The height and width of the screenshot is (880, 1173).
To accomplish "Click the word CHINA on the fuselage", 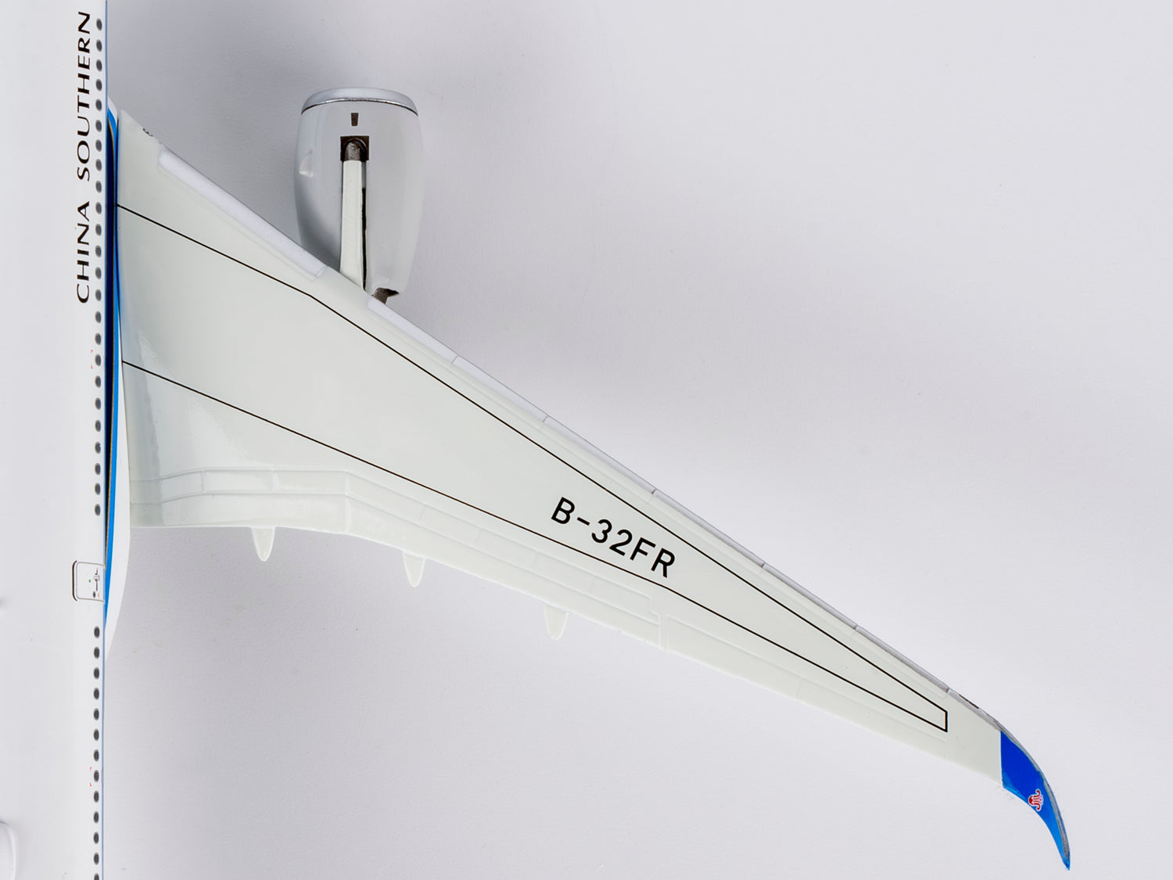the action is click(84, 252).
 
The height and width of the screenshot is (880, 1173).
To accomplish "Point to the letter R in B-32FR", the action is click(661, 564).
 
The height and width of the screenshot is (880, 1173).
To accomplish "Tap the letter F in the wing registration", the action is click(642, 552).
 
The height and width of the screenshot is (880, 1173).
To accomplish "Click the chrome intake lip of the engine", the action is click(359, 102).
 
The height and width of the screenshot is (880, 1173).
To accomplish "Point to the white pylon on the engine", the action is click(353, 224).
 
